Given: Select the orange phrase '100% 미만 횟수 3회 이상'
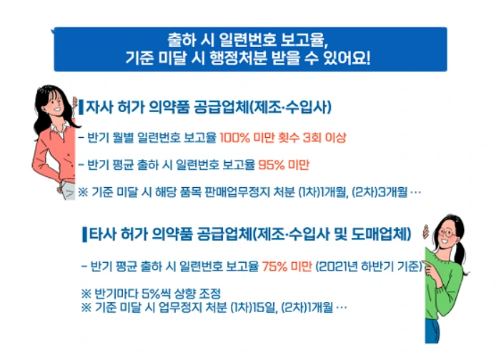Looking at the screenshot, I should tap(282, 137).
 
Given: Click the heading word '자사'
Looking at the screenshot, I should tap(96, 108).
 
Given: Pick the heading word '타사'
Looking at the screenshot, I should tap(98, 234).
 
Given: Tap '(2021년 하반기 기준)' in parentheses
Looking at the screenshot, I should tap(367, 266).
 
